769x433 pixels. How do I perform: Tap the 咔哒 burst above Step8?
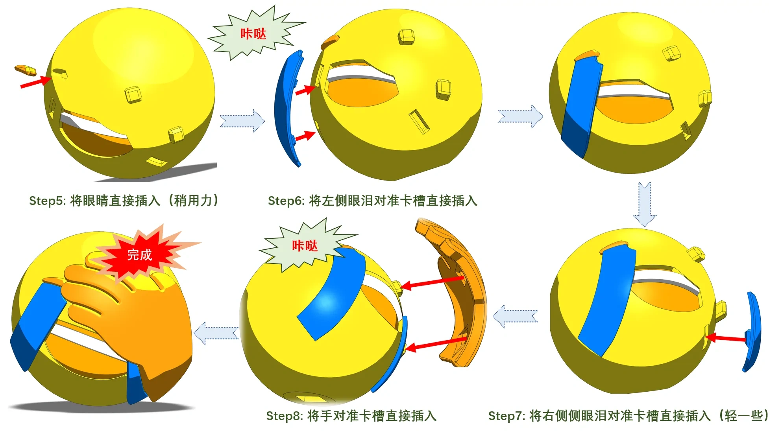[x=305, y=246]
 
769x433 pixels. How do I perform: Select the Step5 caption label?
[x=124, y=201]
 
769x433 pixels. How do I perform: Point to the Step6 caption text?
[x=372, y=201]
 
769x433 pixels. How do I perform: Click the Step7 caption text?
[x=628, y=416]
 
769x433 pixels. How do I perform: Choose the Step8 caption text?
[x=351, y=416]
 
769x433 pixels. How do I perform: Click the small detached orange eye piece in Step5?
[x=26, y=70]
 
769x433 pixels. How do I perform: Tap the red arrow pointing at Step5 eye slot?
[x=36, y=82]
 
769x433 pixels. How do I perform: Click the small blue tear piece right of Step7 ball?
[x=752, y=332]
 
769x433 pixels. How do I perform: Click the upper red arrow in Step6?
[x=306, y=90]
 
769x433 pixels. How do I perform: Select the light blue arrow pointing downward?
[x=645, y=205]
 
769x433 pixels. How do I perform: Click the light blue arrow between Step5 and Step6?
[x=242, y=120]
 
